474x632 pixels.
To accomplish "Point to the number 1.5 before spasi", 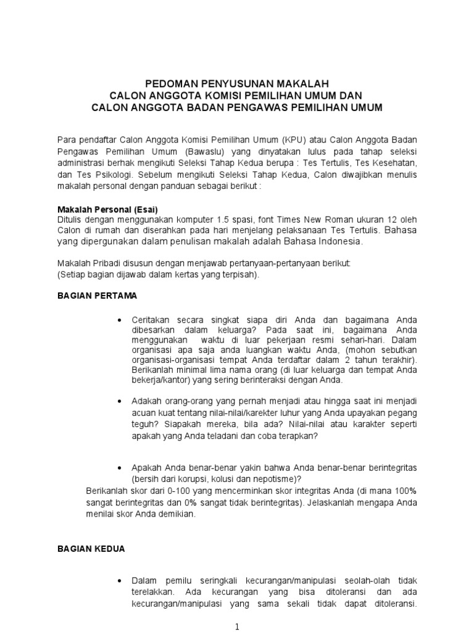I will [223, 220].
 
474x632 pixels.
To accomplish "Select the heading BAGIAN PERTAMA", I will [97, 296].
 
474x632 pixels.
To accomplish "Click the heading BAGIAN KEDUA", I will [91, 548].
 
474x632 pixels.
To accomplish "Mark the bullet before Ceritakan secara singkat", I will [118, 320].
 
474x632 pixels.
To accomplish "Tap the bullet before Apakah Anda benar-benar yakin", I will [118, 467].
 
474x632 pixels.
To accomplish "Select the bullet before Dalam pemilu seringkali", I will [118, 581].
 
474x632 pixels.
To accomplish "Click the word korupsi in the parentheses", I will [185, 478].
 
